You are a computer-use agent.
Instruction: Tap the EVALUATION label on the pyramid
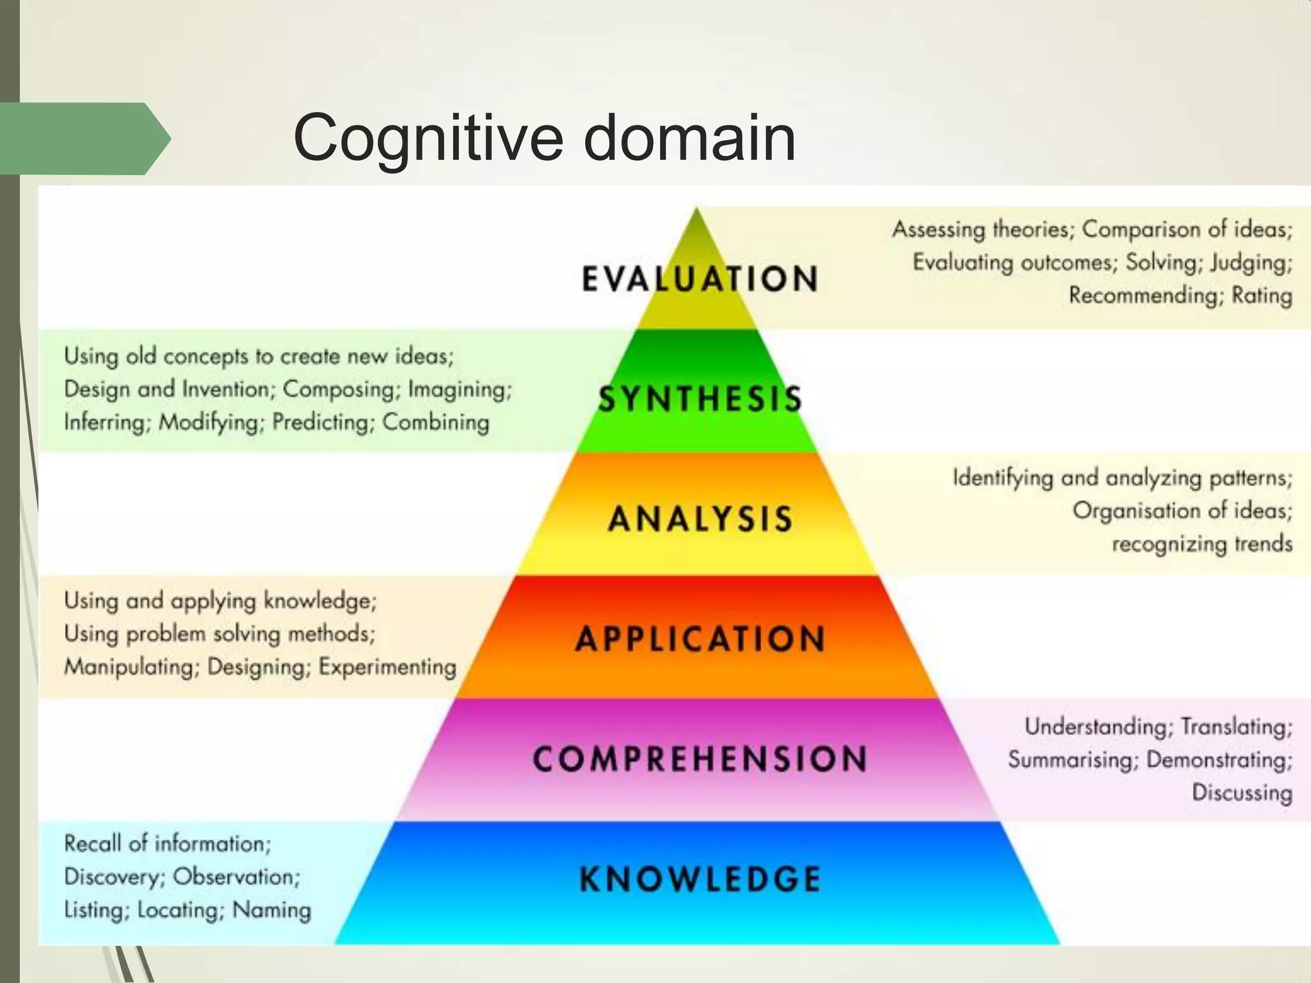pyautogui.click(x=700, y=279)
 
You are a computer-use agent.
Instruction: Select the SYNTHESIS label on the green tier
pyautogui.click(x=700, y=399)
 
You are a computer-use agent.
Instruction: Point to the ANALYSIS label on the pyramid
pyautogui.click(x=700, y=518)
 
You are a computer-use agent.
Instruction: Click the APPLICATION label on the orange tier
pyautogui.click(x=700, y=639)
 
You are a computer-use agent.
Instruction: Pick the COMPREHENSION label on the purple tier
pyautogui.click(x=700, y=759)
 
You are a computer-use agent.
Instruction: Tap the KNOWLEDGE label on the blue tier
pyautogui.click(x=700, y=879)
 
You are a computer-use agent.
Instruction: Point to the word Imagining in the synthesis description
pyautogui.click(x=460, y=389)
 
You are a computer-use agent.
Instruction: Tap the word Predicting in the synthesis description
pyautogui.click(x=323, y=422)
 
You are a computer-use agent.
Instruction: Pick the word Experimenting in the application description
pyautogui.click(x=387, y=667)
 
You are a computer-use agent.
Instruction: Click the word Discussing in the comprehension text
pyautogui.click(x=1242, y=793)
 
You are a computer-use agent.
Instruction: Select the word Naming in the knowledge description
pyautogui.click(x=271, y=910)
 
